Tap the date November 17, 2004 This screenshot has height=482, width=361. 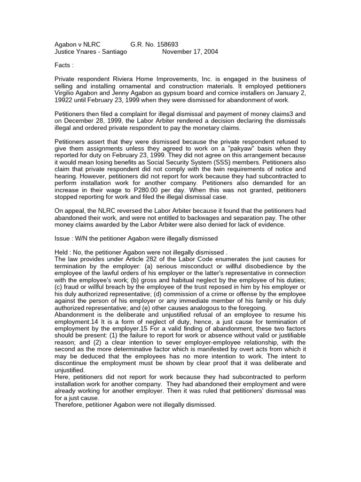pyautogui.click(x=190, y=52)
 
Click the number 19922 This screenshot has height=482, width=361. pyautogui.click(x=64, y=100)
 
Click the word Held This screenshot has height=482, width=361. pyautogui.click(x=63, y=252)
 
